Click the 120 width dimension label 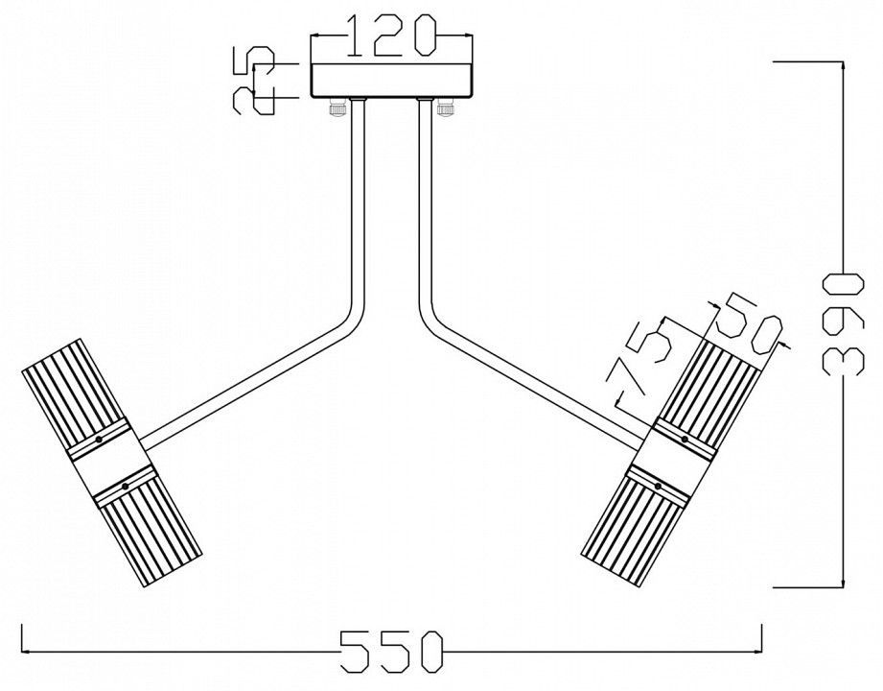[x=392, y=36]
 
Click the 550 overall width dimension [x=392, y=652]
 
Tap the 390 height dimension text [x=843, y=323]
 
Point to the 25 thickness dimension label [x=253, y=82]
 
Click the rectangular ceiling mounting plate [x=392, y=81]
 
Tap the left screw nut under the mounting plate [x=337, y=107]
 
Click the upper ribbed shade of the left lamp [x=73, y=389]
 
